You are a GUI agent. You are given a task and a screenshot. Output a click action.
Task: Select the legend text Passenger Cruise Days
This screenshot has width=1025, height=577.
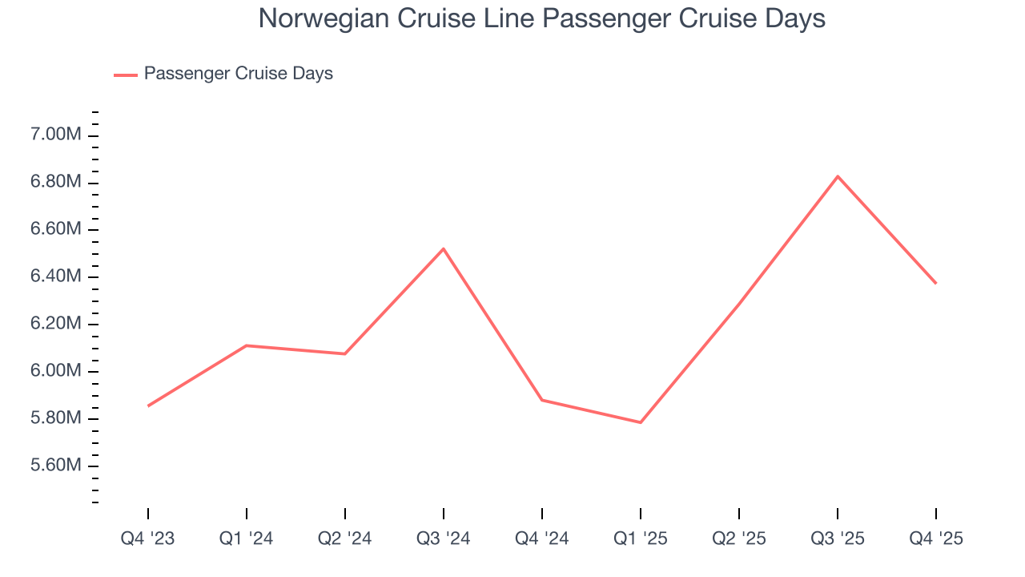[238, 74]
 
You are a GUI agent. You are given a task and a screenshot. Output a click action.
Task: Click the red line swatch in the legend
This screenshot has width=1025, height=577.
[126, 75]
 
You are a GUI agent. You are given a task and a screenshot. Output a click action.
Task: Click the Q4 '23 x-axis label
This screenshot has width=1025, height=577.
[148, 539]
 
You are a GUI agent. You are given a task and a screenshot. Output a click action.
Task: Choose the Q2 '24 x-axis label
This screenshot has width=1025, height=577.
[344, 539]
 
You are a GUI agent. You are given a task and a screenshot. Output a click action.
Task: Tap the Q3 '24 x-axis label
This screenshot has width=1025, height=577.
[443, 539]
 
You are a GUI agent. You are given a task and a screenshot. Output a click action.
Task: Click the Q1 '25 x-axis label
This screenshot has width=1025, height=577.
[640, 539]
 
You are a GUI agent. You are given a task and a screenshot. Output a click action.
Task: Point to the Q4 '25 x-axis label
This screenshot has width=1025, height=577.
[935, 539]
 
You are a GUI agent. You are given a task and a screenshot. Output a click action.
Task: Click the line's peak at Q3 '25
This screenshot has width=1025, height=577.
[838, 176]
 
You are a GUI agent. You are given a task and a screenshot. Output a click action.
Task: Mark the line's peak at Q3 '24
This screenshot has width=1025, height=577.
[444, 248]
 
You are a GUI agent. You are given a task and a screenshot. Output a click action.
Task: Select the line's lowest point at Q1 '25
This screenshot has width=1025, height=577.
[641, 422]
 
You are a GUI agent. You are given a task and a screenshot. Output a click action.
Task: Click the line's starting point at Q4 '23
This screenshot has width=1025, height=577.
[148, 406]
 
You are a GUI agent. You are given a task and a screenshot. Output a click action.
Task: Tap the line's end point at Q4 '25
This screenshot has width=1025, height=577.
[935, 283]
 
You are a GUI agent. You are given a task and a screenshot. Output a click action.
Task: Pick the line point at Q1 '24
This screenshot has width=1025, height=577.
[247, 345]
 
